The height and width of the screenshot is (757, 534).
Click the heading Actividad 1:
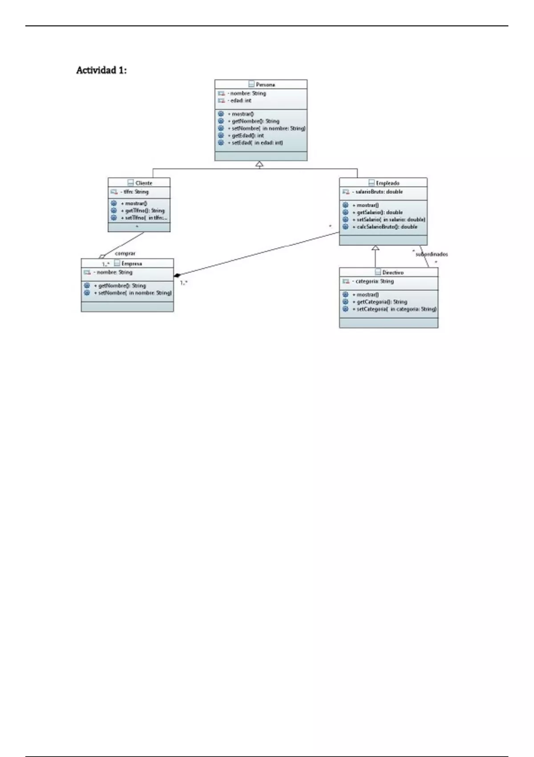point(101,70)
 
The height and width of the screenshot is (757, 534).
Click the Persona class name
point(265,85)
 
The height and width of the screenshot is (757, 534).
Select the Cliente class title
point(144,183)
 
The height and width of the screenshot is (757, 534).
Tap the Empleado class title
point(387,183)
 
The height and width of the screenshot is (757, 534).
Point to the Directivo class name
point(392,273)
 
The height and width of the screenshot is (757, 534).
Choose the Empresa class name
point(132,264)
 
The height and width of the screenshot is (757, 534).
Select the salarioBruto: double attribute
point(379,192)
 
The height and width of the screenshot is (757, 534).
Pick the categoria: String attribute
point(374,281)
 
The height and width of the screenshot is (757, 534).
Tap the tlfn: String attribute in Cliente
point(136,192)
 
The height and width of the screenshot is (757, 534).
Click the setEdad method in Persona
point(257,143)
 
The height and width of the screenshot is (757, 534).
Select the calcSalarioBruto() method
point(387,227)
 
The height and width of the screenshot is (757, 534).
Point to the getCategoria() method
point(381,302)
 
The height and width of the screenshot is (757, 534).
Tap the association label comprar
point(125,253)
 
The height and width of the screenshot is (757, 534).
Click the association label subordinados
point(432,254)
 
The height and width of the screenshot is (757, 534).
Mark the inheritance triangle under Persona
point(259,164)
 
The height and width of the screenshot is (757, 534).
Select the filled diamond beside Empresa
point(177,275)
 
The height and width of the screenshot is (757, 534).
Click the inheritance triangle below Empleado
point(376,248)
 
